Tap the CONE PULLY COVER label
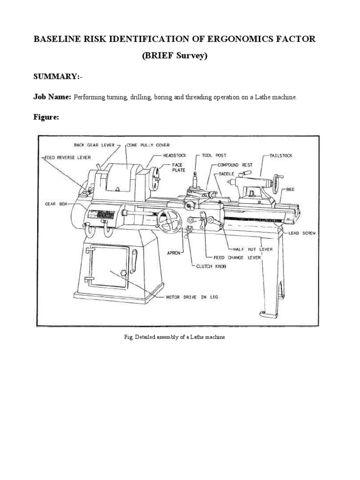148,145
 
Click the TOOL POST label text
213,154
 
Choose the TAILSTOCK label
281,155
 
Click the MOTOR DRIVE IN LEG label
186,297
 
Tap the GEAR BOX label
57,204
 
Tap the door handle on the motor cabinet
135,258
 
